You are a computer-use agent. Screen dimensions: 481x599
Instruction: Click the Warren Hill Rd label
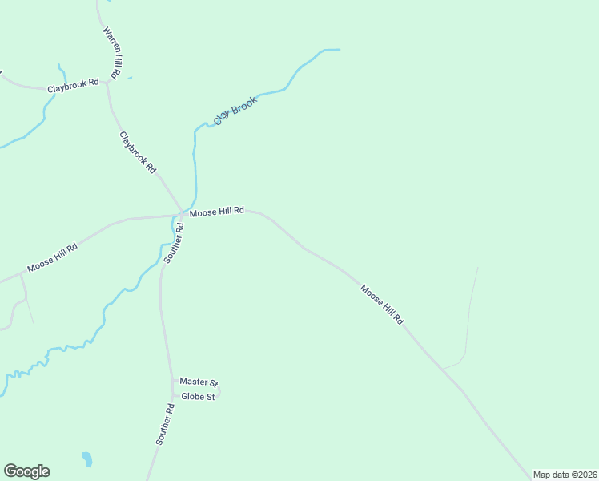111,52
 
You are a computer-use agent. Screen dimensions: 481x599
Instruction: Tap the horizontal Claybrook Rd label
73,83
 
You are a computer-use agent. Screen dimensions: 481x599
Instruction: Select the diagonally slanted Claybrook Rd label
137,152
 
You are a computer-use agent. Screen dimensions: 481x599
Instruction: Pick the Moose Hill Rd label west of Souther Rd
52,257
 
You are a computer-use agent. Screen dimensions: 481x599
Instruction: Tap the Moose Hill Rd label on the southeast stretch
382,305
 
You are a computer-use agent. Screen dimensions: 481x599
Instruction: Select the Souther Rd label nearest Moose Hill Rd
175,243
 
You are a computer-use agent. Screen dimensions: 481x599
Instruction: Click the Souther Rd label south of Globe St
165,425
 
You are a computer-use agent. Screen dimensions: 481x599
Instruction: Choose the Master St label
199,382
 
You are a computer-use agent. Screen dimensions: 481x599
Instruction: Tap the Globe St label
198,397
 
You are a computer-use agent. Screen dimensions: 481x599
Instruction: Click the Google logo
26,471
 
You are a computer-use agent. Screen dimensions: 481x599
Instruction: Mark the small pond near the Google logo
86,459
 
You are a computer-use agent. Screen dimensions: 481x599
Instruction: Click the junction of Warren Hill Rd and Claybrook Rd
107,82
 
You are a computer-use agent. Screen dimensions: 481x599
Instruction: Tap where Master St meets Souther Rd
172,382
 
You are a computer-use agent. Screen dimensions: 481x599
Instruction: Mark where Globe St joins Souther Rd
172,396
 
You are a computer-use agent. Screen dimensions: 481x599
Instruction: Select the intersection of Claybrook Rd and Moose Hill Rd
183,212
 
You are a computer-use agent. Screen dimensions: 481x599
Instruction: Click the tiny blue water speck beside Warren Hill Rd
130,78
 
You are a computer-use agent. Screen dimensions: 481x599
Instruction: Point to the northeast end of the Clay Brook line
339,50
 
